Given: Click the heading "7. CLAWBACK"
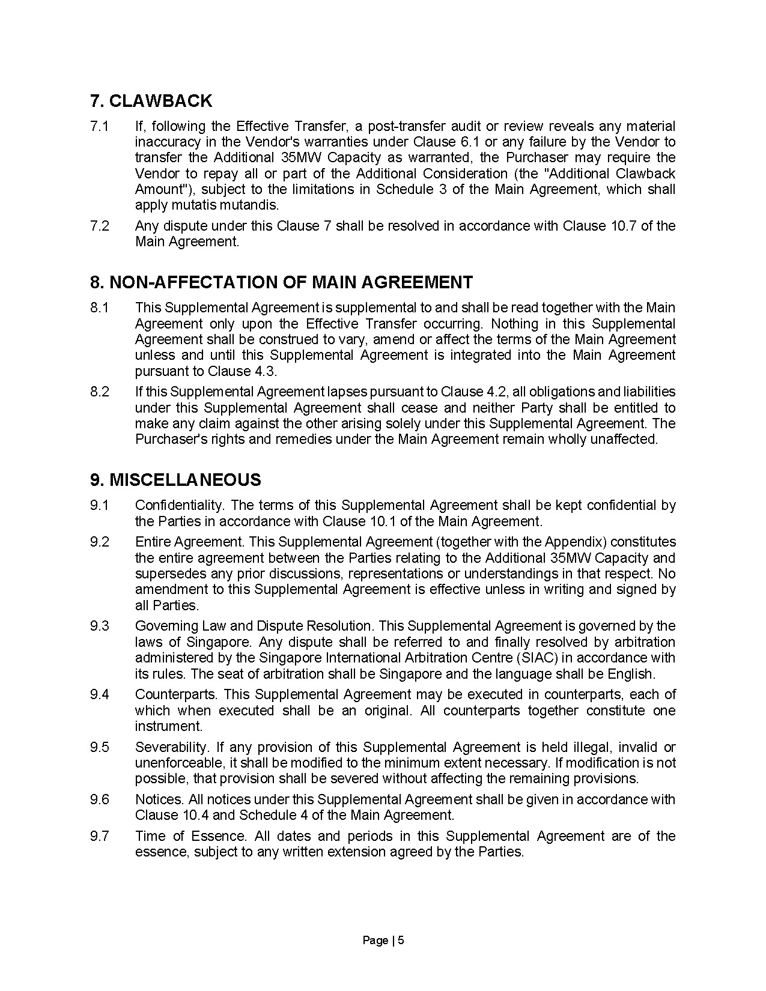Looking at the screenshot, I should point(151,101).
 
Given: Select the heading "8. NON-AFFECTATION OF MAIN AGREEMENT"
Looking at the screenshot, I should point(282,282).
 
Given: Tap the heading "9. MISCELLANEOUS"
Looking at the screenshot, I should point(176,480).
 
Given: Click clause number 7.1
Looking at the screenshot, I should point(100,127).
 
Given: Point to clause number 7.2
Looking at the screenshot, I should point(100,226).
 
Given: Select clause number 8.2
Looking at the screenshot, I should point(100,392).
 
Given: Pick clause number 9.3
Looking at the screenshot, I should point(100,626).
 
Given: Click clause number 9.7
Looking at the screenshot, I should point(100,837).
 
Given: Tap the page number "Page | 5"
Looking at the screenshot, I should point(383,941).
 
